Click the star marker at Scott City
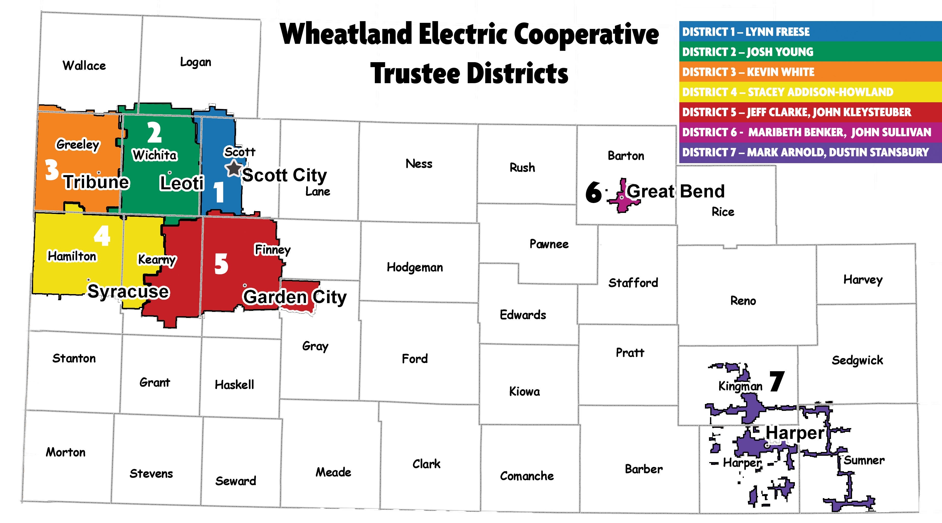pyautogui.click(x=233, y=168)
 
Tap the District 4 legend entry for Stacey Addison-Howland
pyautogui.click(x=787, y=92)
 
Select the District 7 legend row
pyautogui.click(x=805, y=152)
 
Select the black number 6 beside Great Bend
pyautogui.click(x=593, y=192)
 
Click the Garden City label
pyautogui.click(x=294, y=297)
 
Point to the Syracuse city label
pyautogui.click(x=128, y=291)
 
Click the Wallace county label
pyautogui.click(x=84, y=66)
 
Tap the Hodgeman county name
pyautogui.click(x=415, y=267)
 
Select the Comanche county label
pyautogui.click(x=527, y=476)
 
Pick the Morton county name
pyautogui.click(x=66, y=452)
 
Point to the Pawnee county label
pyautogui.click(x=549, y=244)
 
